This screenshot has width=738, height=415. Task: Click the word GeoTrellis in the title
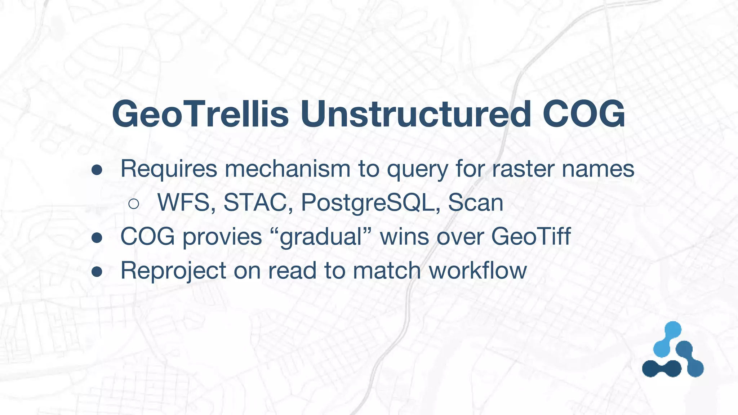pos(200,114)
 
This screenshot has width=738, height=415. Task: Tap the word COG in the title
pos(584,114)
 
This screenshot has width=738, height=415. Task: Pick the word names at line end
pos(598,169)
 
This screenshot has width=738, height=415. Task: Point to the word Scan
pos(475,202)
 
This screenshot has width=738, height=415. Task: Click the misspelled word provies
pos(222,237)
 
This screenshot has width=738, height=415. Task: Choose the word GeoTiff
pos(531,236)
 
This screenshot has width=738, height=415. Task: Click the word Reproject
pos(173,271)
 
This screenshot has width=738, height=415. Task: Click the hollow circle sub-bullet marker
pos(134,204)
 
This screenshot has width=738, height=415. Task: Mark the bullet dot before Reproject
pos(97,272)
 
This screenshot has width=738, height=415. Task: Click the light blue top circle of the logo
pos(672,330)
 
